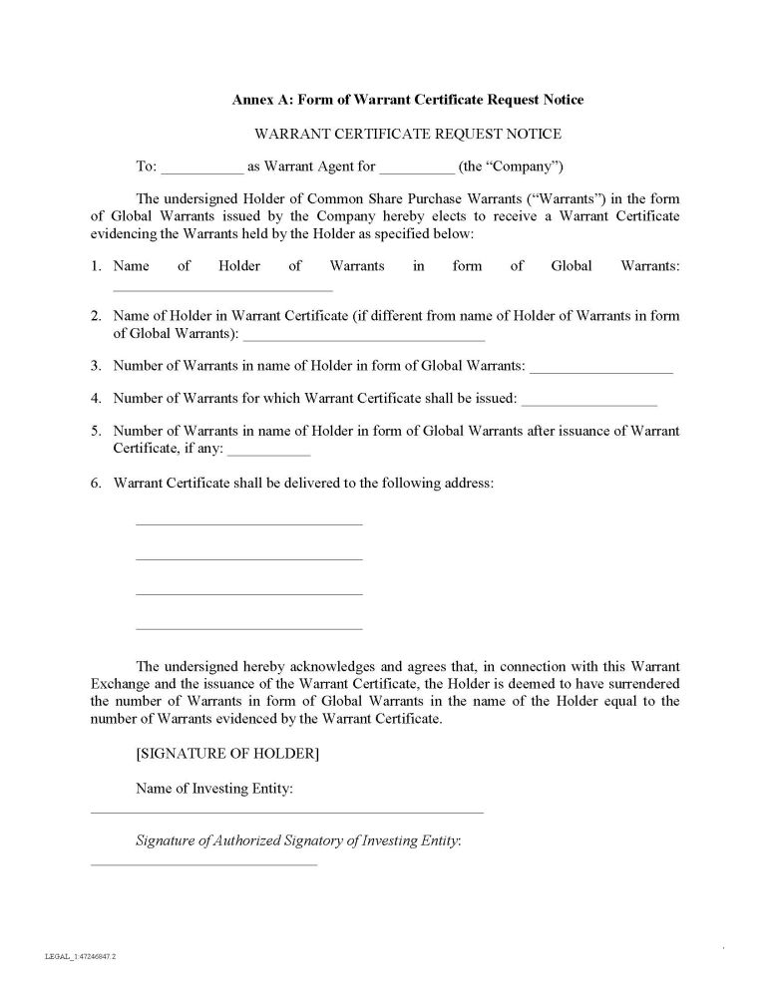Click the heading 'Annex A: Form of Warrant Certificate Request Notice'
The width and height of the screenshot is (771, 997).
pos(408,100)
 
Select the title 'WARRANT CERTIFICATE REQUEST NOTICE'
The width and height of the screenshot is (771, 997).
pos(408,134)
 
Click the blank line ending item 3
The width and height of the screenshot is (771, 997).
pos(601,372)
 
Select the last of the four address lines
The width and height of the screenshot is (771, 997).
pos(248,629)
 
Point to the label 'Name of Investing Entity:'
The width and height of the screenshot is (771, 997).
pos(214,789)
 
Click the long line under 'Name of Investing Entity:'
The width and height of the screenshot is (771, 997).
pos(287,813)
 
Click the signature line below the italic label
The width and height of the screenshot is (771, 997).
pos(203,864)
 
